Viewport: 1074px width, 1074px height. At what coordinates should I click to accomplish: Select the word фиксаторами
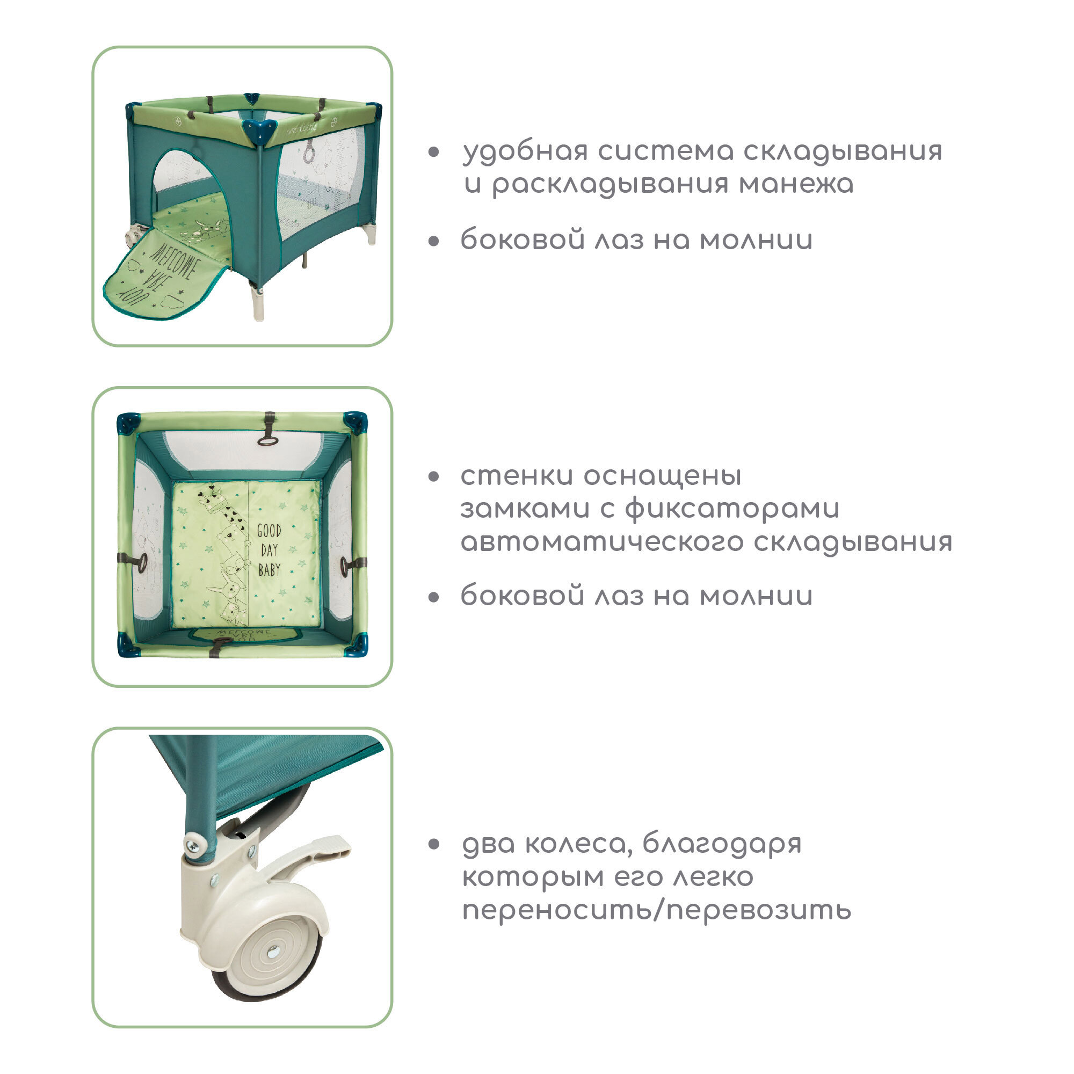732,509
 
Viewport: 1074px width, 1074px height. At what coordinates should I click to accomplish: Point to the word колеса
579,844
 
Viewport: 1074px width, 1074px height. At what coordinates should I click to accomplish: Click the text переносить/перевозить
657,910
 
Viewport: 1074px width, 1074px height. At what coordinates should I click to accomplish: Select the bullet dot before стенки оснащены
434,476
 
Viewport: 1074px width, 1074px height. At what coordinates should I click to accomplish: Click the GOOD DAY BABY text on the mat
269,550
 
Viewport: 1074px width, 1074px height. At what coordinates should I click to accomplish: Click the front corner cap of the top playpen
259,130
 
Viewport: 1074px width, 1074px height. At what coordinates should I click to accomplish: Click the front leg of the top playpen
257,303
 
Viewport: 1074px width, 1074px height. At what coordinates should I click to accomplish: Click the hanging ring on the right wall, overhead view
346,565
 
